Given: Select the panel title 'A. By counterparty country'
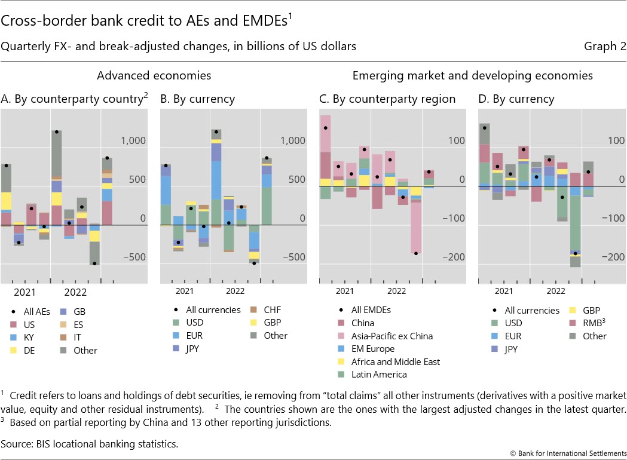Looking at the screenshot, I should (x=73, y=99).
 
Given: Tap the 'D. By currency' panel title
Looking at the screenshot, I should (x=516, y=99).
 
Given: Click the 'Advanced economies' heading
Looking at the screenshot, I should (x=154, y=76).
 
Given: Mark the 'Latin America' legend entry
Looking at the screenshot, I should (x=379, y=375).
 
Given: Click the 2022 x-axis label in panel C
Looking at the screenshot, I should (x=396, y=291).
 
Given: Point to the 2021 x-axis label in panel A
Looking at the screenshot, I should (x=25, y=293).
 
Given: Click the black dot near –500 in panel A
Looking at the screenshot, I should (x=94, y=263).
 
